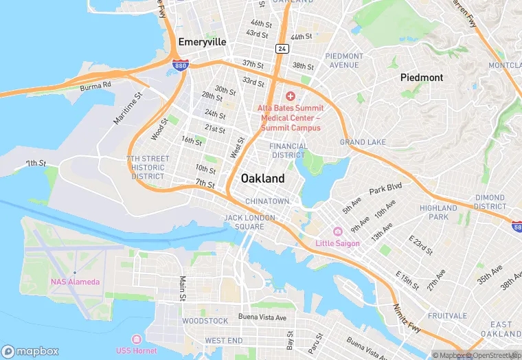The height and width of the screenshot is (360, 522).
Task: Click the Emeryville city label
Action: click(202, 42)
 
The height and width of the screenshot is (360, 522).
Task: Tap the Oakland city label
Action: click(262, 179)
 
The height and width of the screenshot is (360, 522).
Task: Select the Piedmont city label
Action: click(422, 78)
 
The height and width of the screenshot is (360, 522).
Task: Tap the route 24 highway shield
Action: click(282, 48)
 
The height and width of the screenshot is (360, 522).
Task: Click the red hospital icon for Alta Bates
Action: click(290, 95)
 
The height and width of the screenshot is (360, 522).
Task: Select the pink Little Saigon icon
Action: click(337, 232)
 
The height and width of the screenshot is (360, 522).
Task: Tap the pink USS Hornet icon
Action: click(136, 339)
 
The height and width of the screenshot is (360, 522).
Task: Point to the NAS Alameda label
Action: click(75, 282)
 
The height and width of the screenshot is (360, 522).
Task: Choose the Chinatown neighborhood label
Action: click(267, 201)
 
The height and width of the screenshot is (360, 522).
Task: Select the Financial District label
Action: click(288, 150)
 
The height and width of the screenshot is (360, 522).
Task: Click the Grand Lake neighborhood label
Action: click(363, 142)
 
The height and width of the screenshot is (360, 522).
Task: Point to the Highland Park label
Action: click(438, 212)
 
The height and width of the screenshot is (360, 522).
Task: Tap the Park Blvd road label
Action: click(385, 189)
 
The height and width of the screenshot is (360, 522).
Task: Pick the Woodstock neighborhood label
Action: click(205, 321)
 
